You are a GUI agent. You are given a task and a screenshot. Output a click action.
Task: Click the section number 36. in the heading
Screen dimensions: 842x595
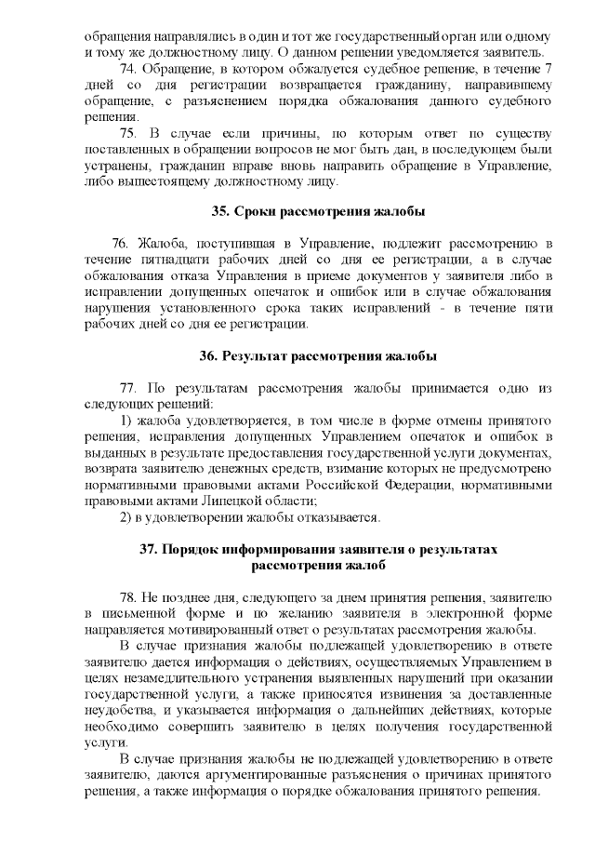[212, 356]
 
